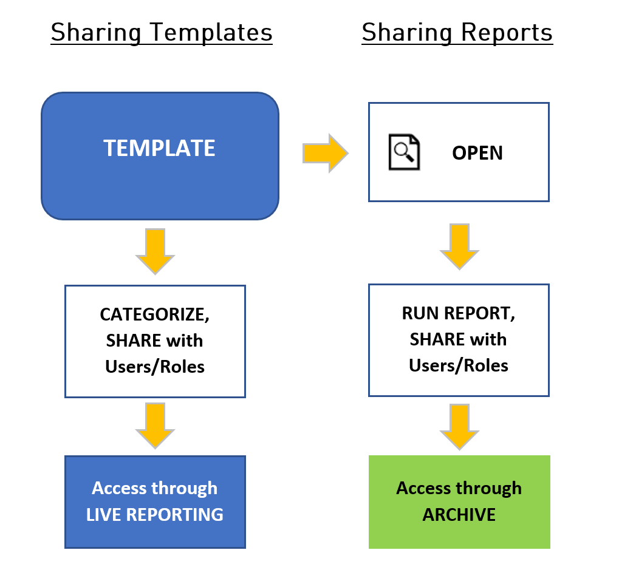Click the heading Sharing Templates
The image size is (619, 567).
point(162,32)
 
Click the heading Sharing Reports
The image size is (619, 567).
point(457,32)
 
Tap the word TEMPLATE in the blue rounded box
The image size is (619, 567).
point(159,149)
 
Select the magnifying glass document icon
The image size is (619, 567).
point(404,151)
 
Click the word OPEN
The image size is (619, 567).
point(477,153)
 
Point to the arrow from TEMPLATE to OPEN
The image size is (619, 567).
point(325,153)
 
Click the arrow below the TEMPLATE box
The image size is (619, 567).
point(155,251)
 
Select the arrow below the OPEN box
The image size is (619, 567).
point(459,246)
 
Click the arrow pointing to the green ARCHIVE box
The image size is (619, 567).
point(459,426)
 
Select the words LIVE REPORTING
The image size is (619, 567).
point(155,515)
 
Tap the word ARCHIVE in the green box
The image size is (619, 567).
point(459,515)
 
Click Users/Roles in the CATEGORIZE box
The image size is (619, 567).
point(154,367)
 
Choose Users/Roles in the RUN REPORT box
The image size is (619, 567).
point(458,365)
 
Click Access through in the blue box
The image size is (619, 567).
point(154,488)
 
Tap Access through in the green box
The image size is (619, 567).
point(459,488)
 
